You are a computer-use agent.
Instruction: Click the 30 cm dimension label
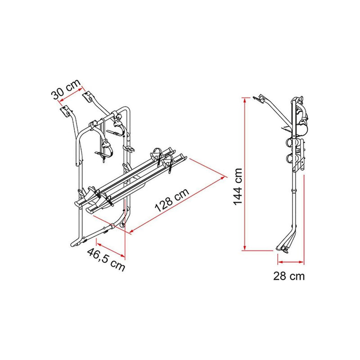[65, 89]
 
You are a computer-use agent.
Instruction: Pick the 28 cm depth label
[288, 276]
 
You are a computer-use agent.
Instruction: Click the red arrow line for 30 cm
[72, 96]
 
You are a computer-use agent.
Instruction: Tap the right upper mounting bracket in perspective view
[88, 96]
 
